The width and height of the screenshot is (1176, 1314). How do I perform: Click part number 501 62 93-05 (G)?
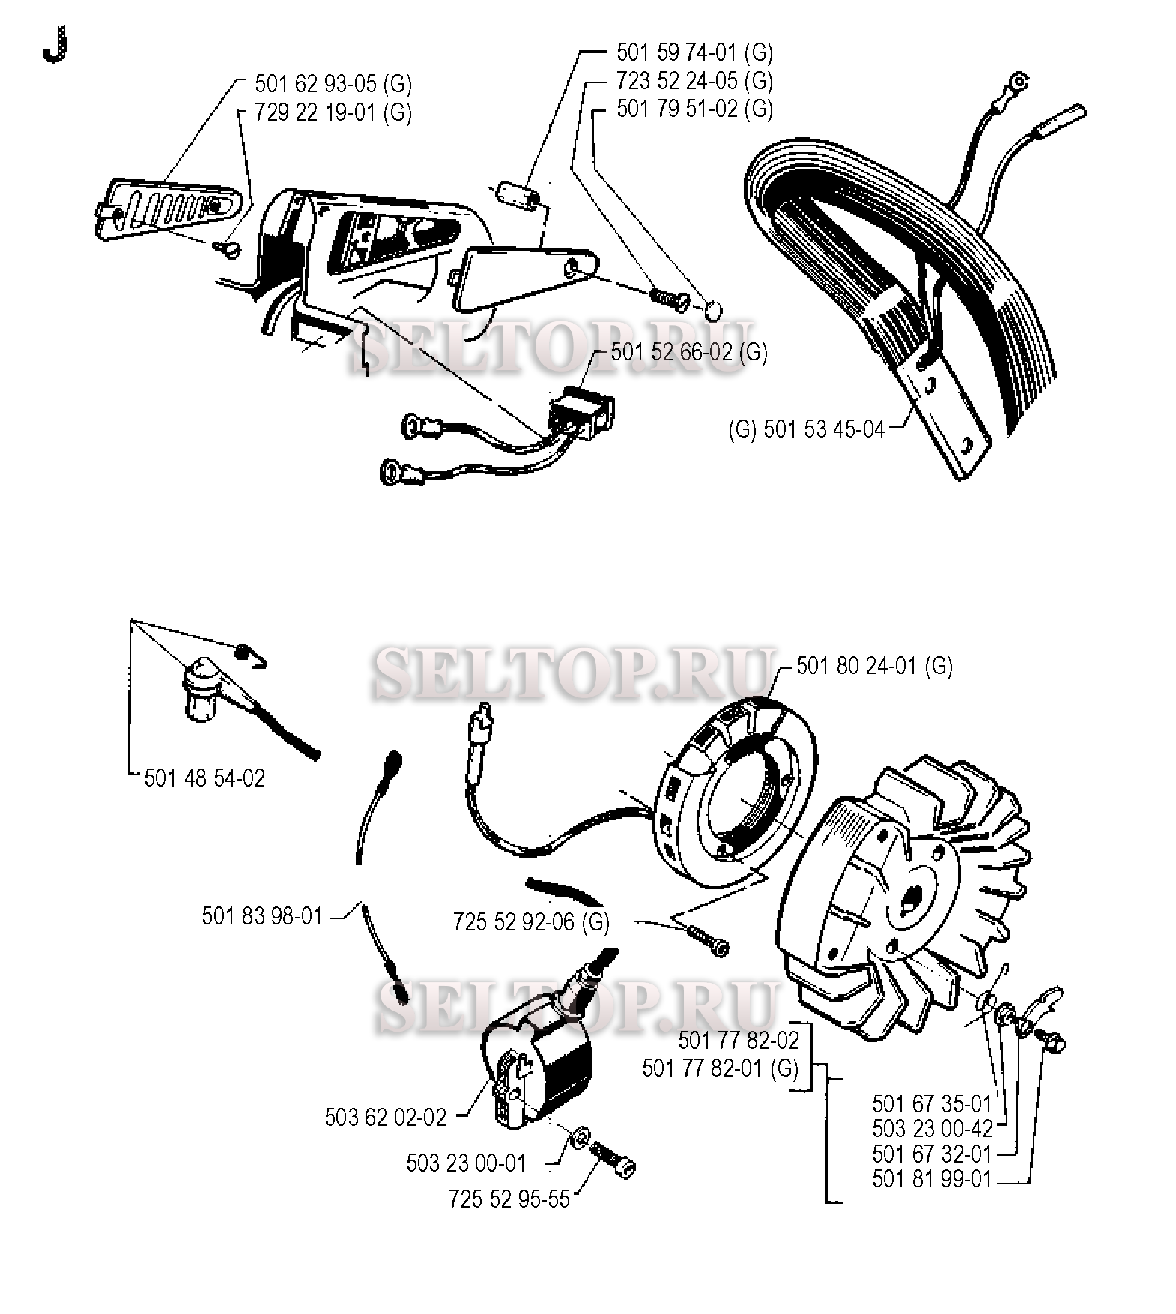point(333,83)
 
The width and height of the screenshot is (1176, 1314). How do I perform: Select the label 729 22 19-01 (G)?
point(333,112)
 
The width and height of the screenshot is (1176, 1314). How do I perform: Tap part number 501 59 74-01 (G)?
point(694,52)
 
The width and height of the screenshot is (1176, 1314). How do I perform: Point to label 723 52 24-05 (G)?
point(694,80)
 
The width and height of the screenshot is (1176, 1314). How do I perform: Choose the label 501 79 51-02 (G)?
point(694,109)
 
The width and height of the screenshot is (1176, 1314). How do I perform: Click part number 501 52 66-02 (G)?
point(689,352)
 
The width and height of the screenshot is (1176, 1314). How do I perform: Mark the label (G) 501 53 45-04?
point(807,430)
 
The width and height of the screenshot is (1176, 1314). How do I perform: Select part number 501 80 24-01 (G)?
point(874,665)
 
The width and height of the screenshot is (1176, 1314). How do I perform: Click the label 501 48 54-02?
point(204,778)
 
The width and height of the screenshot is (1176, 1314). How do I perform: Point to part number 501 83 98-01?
point(262,915)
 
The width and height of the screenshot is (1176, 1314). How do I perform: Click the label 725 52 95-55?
point(509,1199)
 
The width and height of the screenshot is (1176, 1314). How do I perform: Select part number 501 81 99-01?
point(932,1179)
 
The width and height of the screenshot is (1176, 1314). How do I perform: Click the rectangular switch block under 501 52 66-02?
point(583,414)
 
